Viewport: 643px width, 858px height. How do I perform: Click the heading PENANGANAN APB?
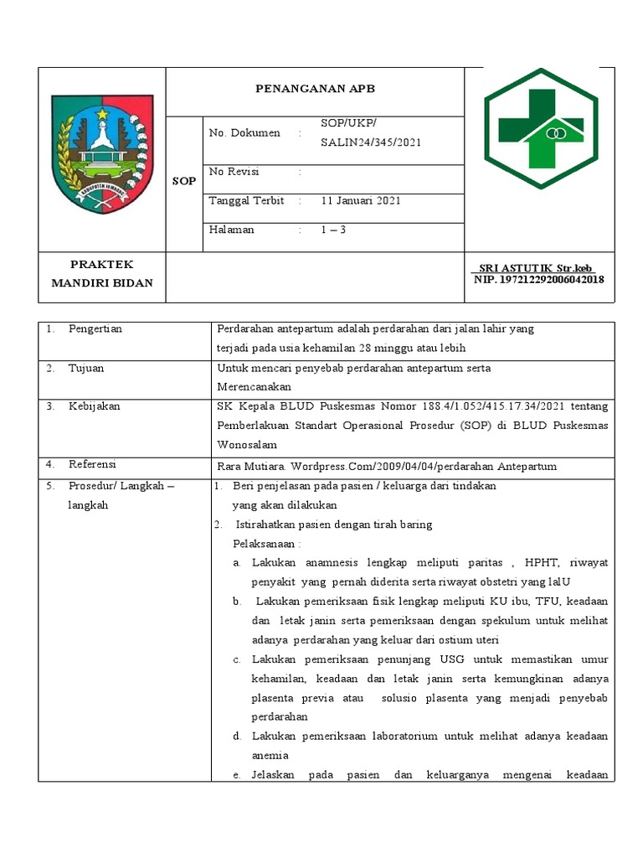(x=315, y=87)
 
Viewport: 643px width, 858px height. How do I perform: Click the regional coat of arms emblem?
(x=102, y=154)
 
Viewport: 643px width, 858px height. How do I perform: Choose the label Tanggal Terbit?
(x=246, y=201)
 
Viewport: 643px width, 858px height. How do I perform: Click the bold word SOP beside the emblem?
(x=184, y=181)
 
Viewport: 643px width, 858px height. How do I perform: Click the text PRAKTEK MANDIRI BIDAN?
(x=102, y=274)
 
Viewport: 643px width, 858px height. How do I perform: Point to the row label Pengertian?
(x=95, y=329)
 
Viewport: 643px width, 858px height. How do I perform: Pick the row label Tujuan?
(x=86, y=368)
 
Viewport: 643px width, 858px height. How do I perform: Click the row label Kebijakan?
(x=94, y=406)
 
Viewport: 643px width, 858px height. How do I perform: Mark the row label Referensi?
(x=92, y=464)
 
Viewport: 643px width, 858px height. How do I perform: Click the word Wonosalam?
(x=246, y=445)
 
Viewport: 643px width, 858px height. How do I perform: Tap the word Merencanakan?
(x=254, y=387)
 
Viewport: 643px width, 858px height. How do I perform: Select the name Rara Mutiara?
(x=249, y=467)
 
